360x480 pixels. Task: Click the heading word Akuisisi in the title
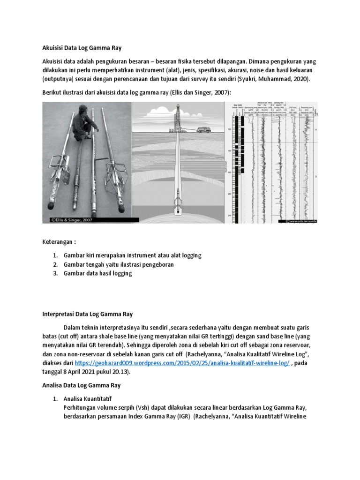pyautogui.click(x=53, y=47)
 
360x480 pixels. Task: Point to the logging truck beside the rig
pyautogui.click(x=205, y=129)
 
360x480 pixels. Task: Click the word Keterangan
pyautogui.click(x=59, y=242)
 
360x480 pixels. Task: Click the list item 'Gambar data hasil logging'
pyautogui.click(x=97, y=273)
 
